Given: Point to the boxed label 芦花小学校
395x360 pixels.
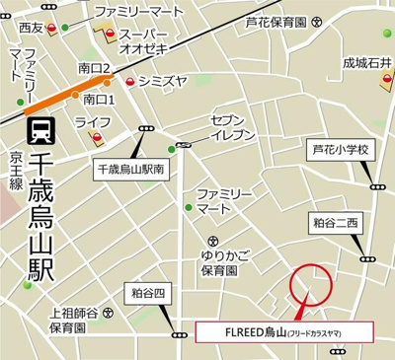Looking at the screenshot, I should tap(340, 150).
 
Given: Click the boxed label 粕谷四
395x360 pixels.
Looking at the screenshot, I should tap(150, 293).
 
